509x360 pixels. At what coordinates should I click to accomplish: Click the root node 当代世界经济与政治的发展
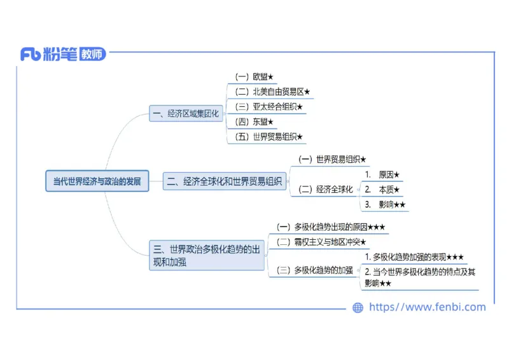(x=97, y=181)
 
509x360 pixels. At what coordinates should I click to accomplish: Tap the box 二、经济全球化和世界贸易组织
(x=225, y=181)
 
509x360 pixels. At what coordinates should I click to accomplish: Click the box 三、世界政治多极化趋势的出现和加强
(x=207, y=255)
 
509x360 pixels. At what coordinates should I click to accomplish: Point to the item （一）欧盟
(x=254, y=77)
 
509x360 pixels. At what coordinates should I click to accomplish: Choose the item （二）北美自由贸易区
(x=272, y=92)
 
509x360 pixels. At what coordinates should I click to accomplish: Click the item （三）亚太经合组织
(x=268, y=107)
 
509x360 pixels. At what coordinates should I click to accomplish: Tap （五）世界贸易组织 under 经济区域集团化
(x=268, y=137)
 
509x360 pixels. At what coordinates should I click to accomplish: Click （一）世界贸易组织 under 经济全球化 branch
(x=332, y=159)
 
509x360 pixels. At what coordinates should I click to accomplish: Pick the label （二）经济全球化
(x=325, y=189)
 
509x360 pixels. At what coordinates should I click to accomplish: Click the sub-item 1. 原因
(x=383, y=174)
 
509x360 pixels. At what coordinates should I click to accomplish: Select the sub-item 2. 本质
(x=383, y=189)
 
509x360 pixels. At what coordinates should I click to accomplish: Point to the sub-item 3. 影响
(x=386, y=204)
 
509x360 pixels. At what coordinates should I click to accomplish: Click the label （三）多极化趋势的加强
(x=314, y=270)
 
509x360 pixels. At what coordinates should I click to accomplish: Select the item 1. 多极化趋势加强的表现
(x=415, y=257)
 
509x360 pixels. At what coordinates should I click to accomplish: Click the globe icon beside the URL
(x=358, y=308)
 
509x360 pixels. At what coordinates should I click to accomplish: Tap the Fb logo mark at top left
(x=31, y=55)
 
